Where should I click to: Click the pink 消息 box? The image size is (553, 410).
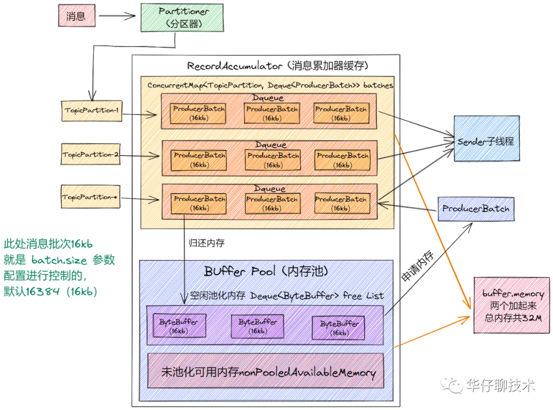point(75,16)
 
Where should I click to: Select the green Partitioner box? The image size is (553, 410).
point(182,16)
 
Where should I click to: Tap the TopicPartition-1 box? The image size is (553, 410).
point(91,111)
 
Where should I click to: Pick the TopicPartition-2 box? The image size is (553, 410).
point(90,154)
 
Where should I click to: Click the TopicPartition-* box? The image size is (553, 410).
point(90,197)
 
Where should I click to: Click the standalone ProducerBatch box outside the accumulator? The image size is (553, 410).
point(476,208)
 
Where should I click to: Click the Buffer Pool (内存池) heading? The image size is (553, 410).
point(266,270)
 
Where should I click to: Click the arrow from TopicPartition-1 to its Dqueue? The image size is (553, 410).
point(141,113)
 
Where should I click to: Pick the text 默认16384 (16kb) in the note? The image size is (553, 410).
point(50,291)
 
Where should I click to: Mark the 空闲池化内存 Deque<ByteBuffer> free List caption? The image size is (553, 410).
point(287,296)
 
